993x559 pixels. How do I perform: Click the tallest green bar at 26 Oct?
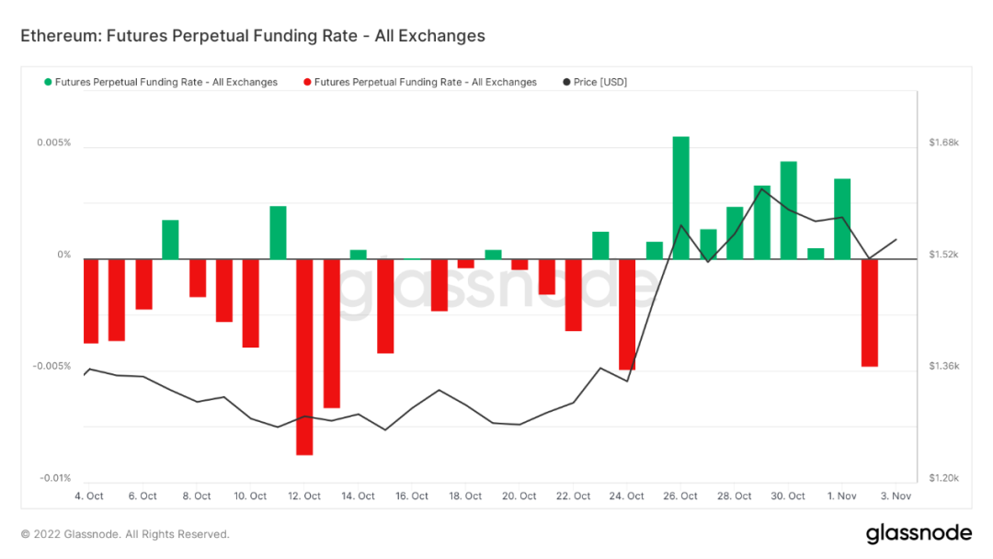[680, 197]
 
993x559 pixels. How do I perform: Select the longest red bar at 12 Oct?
[304, 357]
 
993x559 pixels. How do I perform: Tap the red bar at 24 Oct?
[627, 314]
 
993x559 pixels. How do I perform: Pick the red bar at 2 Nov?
[869, 313]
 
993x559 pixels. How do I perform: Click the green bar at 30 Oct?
[788, 210]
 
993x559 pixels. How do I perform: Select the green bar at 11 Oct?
[278, 233]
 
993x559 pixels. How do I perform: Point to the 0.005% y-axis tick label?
[53, 143]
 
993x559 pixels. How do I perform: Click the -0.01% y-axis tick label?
[54, 478]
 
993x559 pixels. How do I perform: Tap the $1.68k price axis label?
[943, 143]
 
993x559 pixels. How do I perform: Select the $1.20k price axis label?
[943, 478]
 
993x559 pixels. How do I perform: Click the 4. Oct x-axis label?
[89, 496]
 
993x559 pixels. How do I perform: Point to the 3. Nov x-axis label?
[896, 496]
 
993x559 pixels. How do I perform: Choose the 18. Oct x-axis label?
[466, 496]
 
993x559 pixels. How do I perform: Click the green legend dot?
[48, 83]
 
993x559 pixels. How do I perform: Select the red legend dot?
[307, 83]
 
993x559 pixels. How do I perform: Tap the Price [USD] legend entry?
[599, 83]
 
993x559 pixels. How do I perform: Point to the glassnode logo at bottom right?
[919, 533]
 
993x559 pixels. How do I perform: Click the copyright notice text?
[125, 534]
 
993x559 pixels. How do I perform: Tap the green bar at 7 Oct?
[170, 239]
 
